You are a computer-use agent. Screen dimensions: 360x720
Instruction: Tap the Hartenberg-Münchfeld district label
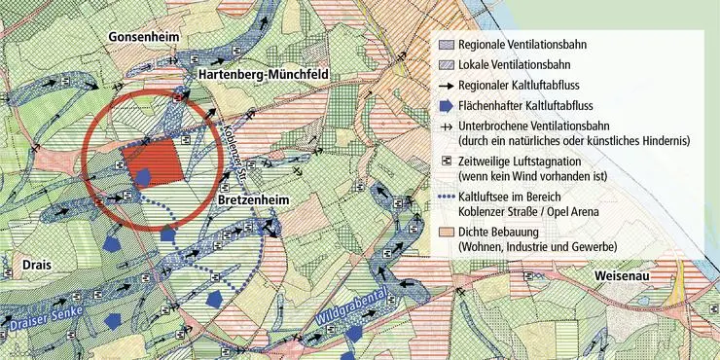265,74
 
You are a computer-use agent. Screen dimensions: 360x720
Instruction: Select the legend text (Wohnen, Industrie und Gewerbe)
537,248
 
